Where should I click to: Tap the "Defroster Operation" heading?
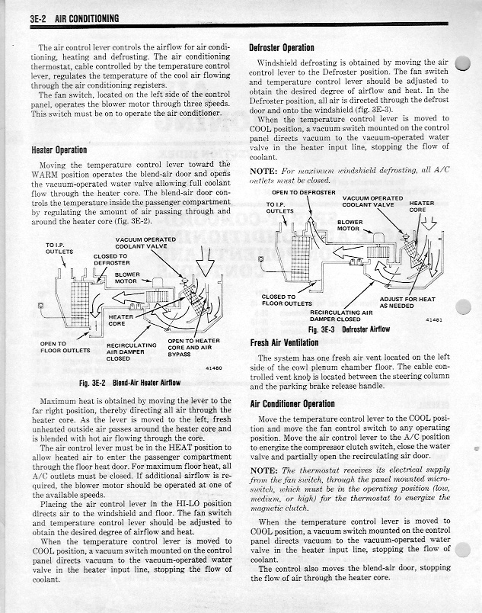pos(282,47)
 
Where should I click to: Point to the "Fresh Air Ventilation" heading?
pos(286,343)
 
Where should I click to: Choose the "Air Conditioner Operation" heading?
pos(292,403)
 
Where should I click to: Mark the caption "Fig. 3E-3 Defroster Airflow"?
pos(349,329)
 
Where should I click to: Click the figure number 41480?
pos(214,368)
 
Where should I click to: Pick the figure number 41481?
pos(436,320)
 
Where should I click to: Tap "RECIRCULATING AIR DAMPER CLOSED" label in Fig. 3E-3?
pos(341,316)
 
